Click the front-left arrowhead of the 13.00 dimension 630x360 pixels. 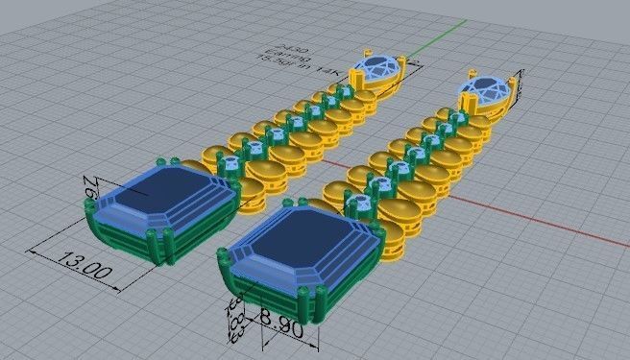point(35,252)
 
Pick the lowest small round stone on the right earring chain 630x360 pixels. point(358,203)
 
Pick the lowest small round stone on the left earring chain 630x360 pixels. point(231,164)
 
